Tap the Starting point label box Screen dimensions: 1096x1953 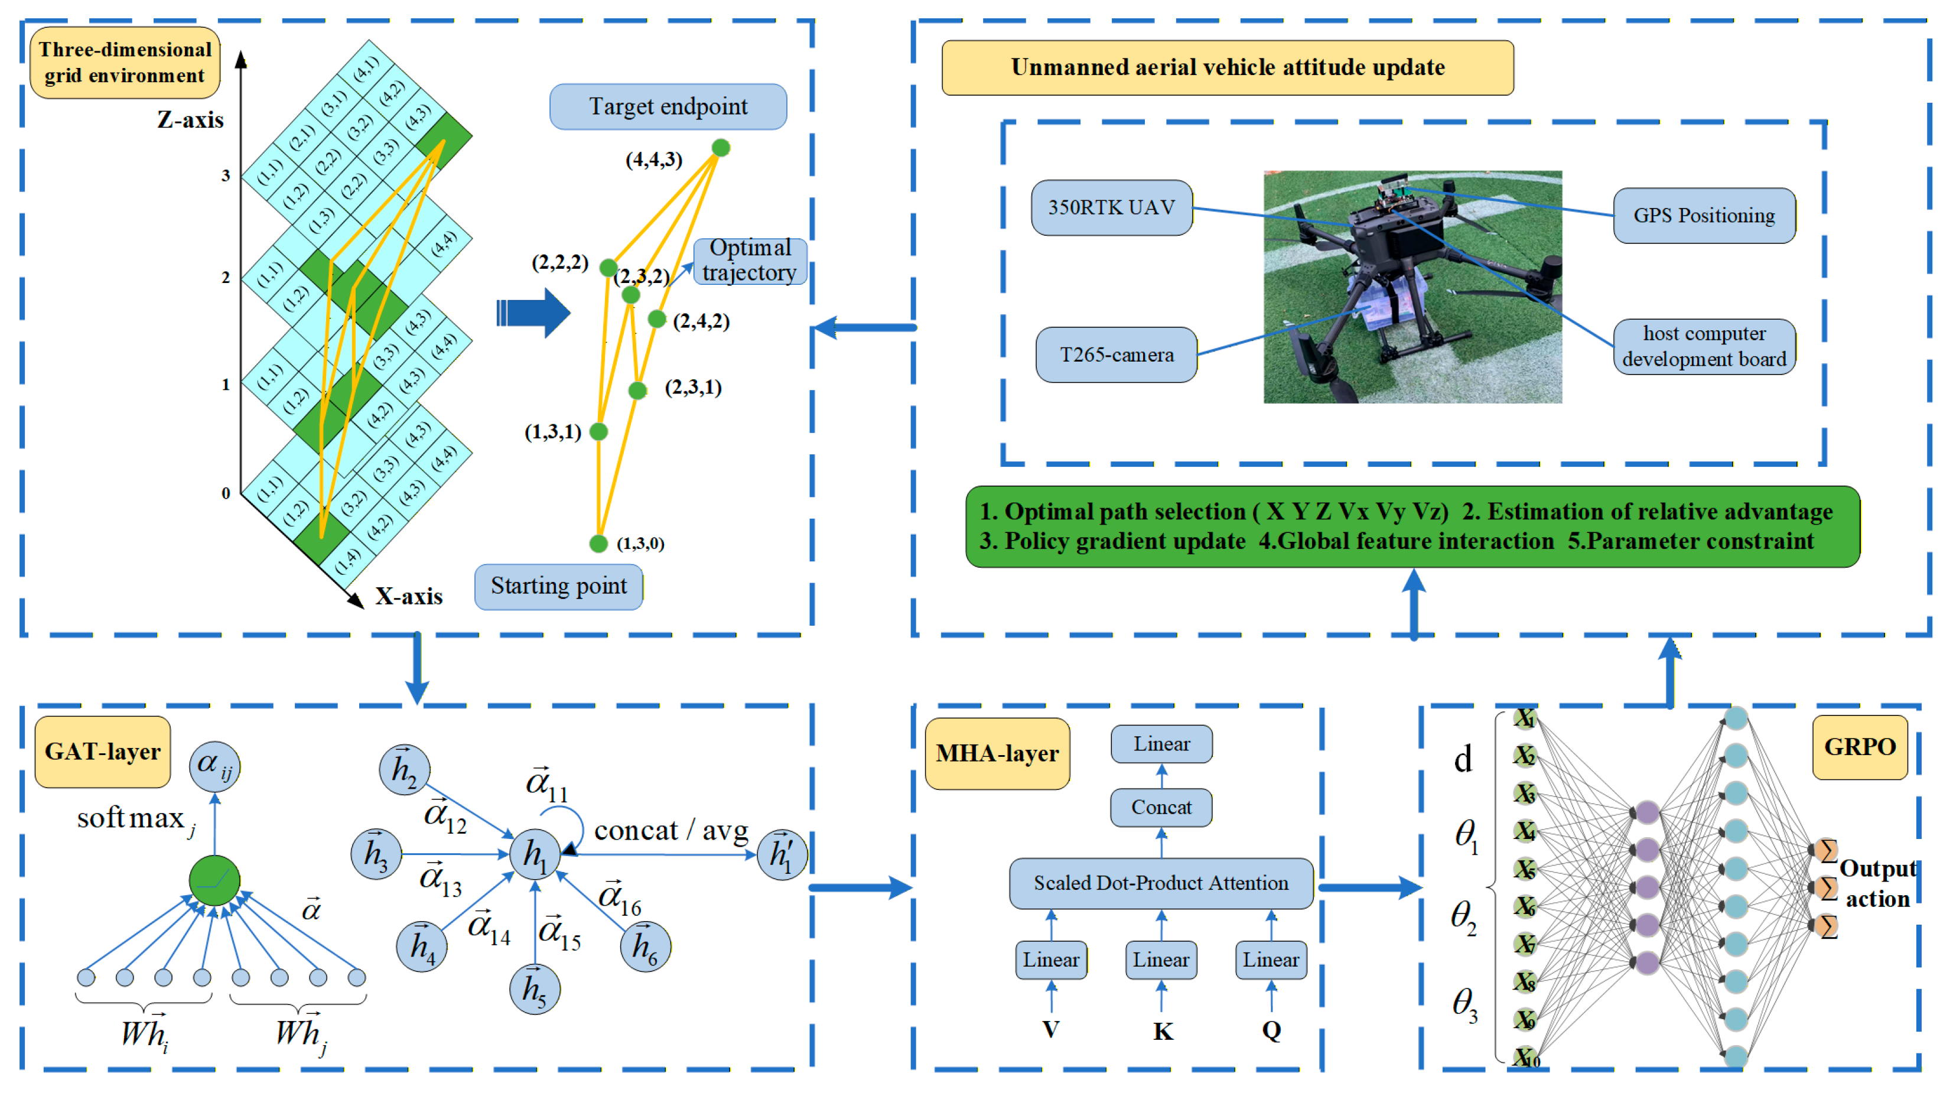558,586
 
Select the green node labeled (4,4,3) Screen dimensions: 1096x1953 720,147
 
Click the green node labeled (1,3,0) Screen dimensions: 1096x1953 598,543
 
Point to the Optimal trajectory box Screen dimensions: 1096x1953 749,260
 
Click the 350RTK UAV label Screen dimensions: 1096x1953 1111,207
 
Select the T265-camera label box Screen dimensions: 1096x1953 1116,355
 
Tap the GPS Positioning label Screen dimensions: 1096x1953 1704,216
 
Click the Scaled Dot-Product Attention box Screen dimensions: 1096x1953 1160,883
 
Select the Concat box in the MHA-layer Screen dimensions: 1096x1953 1160,807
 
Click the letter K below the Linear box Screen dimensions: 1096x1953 1162,1031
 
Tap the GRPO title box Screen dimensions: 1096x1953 1859,746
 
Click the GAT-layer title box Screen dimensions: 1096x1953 102,751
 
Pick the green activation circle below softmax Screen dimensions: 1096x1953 214,880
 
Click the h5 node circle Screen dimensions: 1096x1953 535,990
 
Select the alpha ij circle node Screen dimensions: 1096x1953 214,765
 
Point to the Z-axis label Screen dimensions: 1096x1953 190,120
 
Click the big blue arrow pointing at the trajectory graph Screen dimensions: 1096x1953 535,313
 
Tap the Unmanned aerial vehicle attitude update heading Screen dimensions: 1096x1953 1227,67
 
